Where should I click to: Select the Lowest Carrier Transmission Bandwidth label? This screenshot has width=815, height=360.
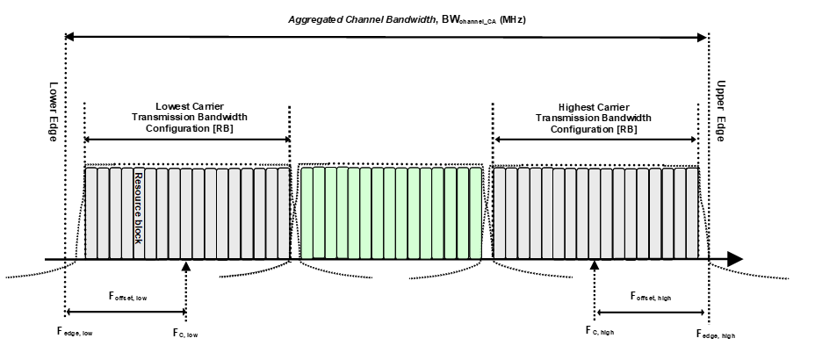pos(189,116)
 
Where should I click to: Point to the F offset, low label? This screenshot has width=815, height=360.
pos(128,298)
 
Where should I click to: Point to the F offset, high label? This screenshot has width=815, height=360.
pos(652,298)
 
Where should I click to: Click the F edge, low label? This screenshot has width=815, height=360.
pos(76,333)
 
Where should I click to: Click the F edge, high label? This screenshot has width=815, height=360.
pos(716,334)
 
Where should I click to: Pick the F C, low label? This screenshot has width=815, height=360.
pos(186,333)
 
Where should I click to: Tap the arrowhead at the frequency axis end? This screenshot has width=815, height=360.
pos(734,259)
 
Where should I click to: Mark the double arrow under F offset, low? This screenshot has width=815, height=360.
pos(126,312)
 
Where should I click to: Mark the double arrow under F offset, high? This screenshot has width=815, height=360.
pos(652,312)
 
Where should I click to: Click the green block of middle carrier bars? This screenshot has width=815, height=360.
pos(391,213)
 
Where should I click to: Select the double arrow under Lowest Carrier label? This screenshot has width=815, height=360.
pos(187,139)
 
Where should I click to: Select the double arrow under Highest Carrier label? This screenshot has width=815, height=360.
pos(596,139)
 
